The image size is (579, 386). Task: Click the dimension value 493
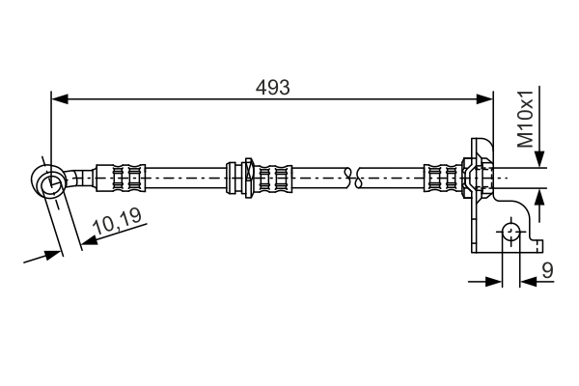point(273,87)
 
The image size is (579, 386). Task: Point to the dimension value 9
point(547,272)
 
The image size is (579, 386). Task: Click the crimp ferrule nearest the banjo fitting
point(126,178)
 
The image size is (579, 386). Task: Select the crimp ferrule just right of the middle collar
point(274,178)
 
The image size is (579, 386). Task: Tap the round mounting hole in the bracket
point(509,232)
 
